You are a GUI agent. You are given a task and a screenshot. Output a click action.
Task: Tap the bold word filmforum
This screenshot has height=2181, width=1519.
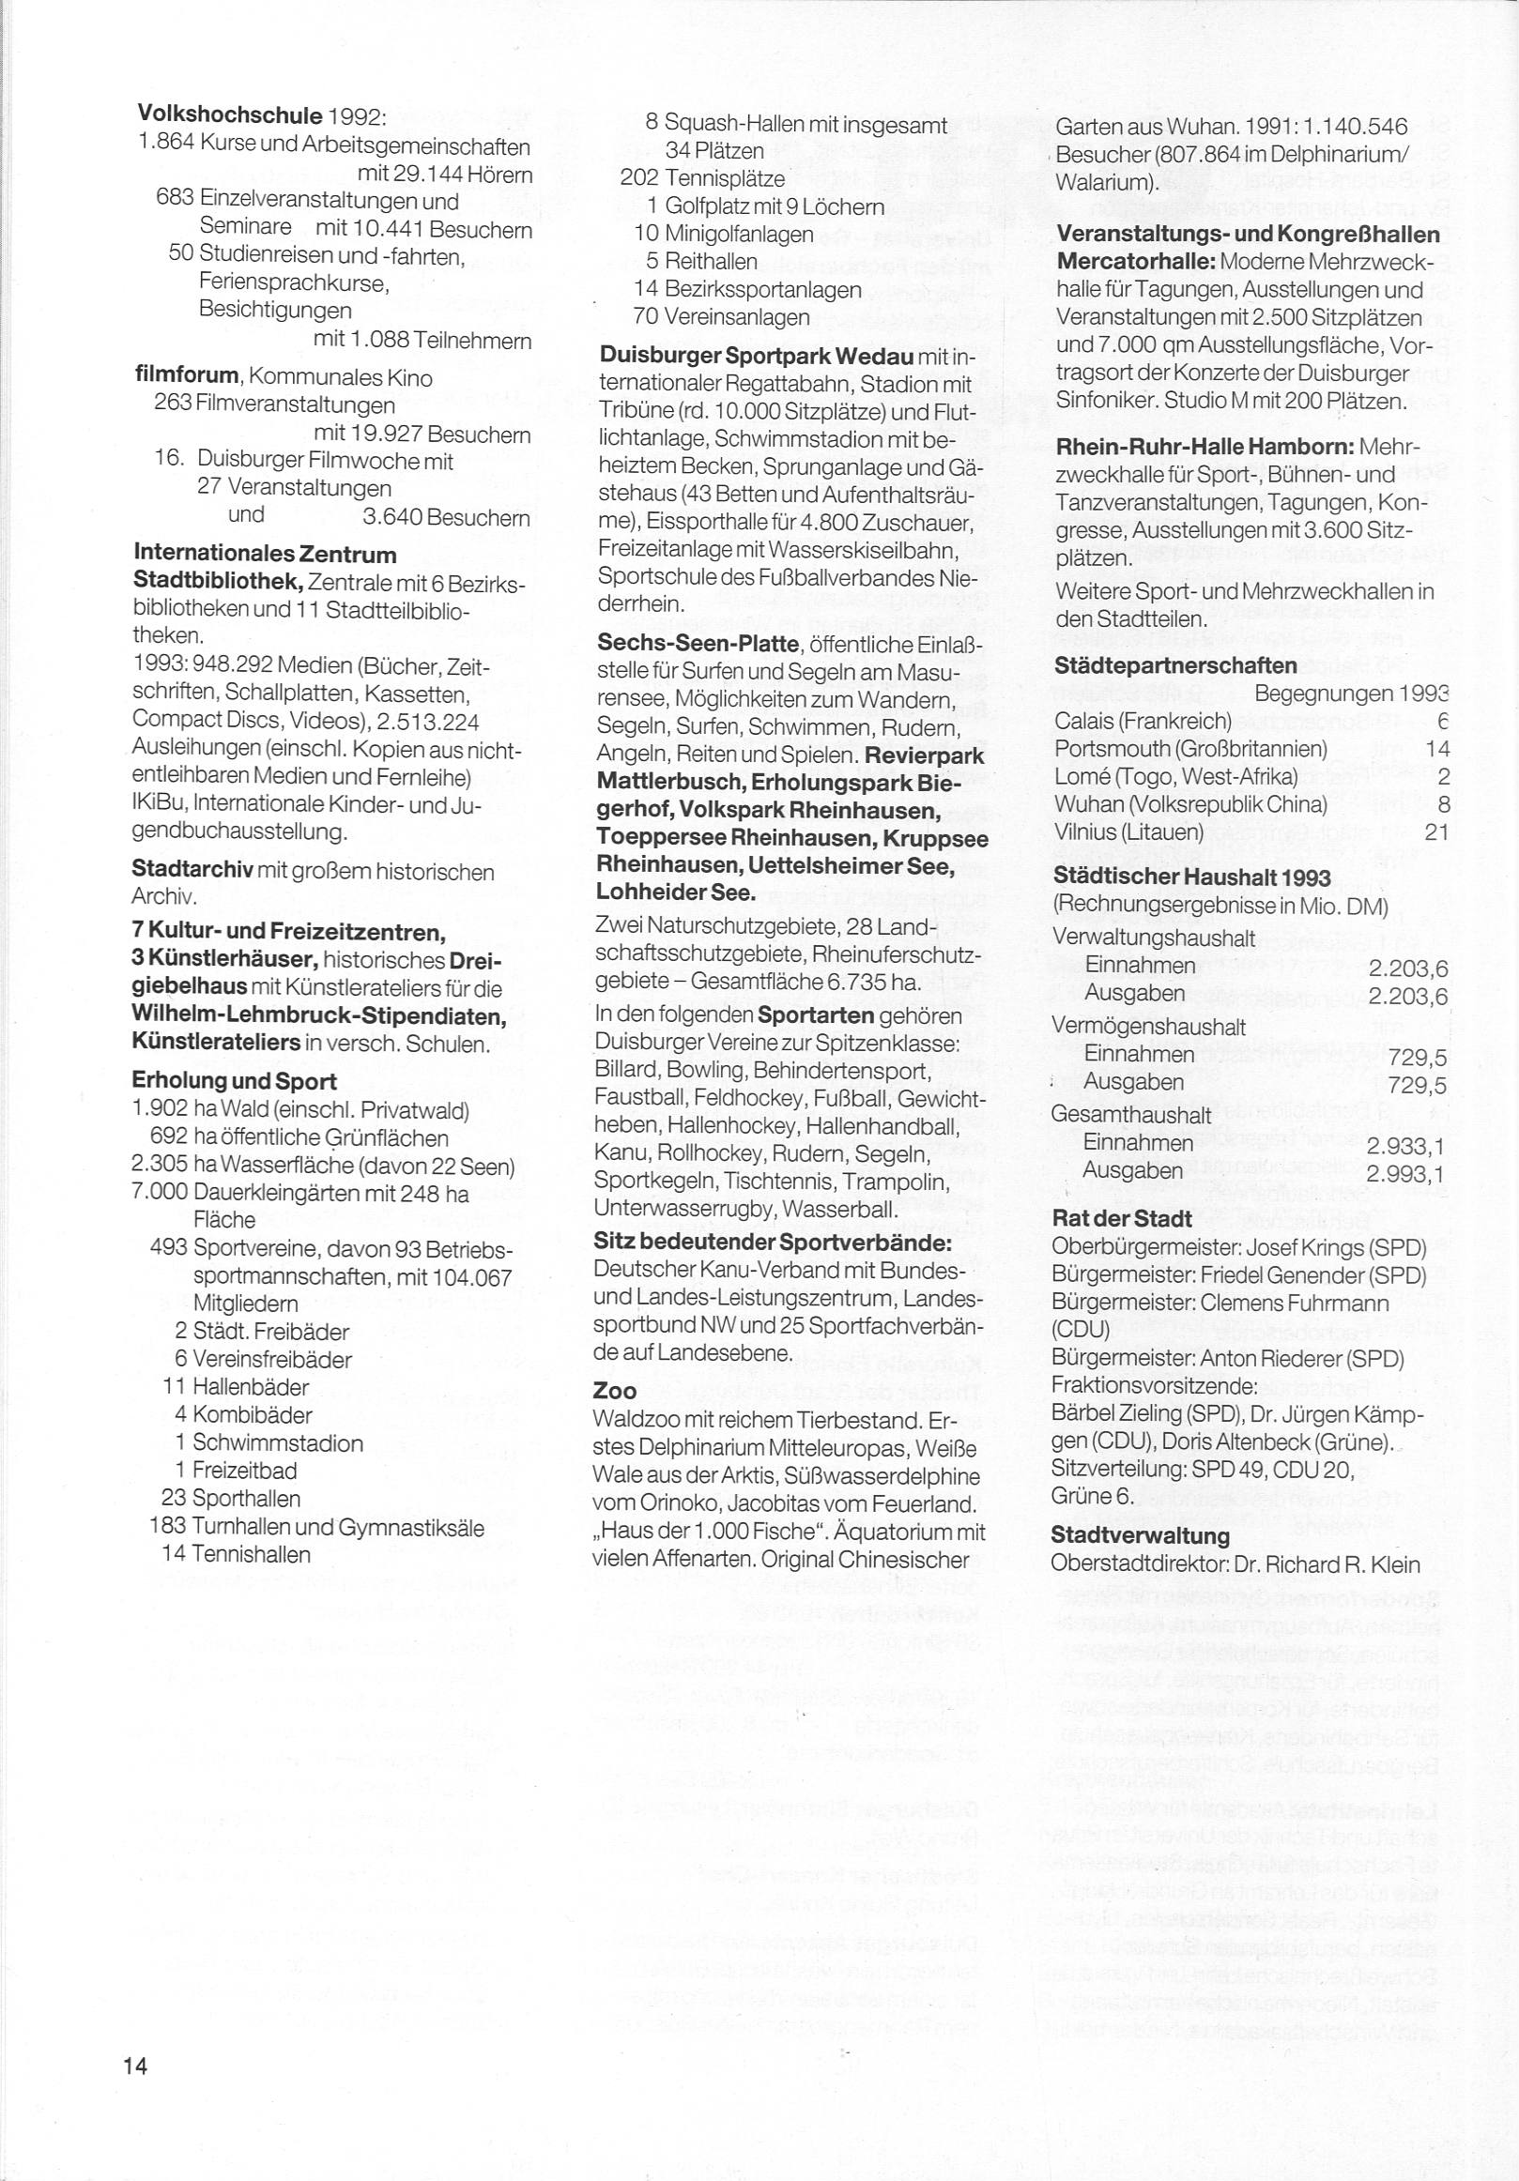click(186, 377)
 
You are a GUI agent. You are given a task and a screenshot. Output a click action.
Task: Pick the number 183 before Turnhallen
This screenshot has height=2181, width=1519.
click(167, 1527)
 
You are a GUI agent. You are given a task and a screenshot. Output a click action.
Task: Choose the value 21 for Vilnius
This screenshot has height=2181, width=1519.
click(1436, 832)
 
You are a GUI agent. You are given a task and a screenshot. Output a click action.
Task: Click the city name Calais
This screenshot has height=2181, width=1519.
click(1084, 721)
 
